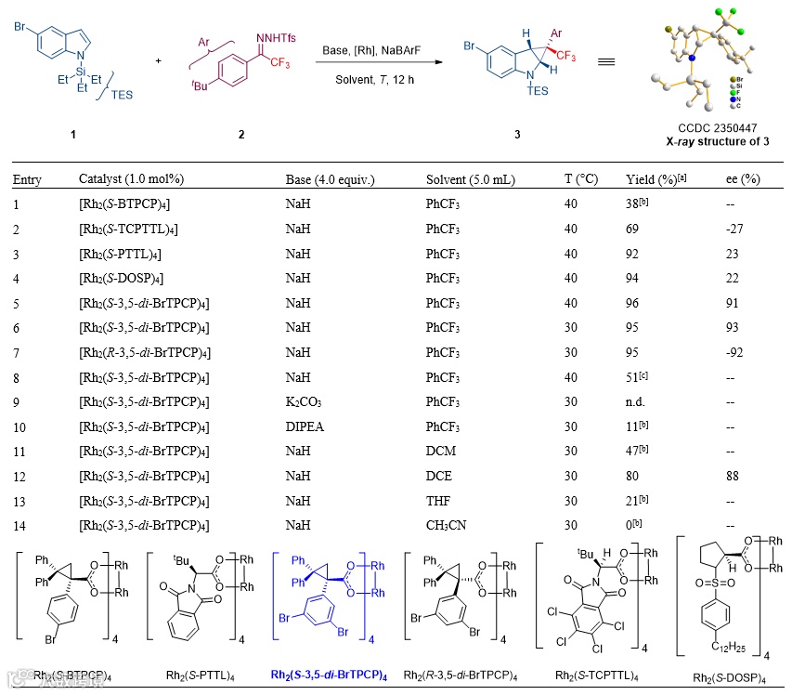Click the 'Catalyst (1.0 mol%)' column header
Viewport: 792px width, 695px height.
tap(131, 179)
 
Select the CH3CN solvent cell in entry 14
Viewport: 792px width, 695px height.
tap(443, 526)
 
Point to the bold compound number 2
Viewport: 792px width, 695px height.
tap(241, 136)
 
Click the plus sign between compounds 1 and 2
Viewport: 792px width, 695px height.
tap(158, 60)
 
